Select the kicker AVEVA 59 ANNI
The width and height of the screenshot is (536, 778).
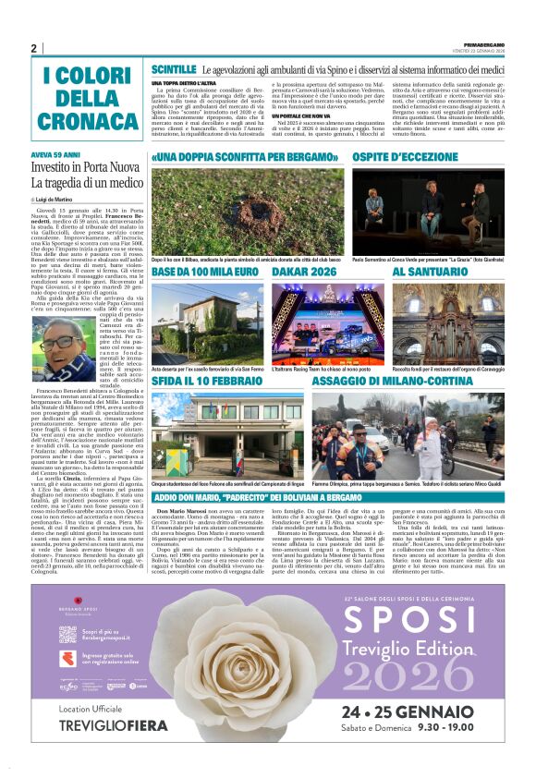pyautogui.click(x=56, y=155)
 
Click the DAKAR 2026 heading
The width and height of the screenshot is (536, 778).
pyautogui.click(x=304, y=274)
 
